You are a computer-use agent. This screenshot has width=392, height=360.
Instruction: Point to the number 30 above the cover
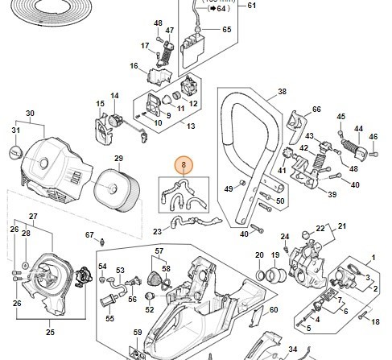pos(30,113)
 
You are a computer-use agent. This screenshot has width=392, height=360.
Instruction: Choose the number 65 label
pos(226,30)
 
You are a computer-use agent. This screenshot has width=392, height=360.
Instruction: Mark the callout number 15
pos(100,103)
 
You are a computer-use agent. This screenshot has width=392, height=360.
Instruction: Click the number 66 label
pos(316,110)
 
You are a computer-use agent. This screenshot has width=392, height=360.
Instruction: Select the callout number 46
pos(373,137)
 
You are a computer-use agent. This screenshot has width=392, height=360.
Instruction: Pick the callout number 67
pos(90,235)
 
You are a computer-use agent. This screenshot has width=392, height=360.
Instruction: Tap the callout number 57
pos(159,252)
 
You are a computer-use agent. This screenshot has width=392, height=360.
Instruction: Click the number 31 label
pos(14,130)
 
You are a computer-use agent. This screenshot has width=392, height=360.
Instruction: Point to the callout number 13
pos(190,126)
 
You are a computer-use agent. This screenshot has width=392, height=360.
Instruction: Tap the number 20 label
pos(258,255)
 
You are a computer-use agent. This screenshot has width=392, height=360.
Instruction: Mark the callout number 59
pos(138,333)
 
